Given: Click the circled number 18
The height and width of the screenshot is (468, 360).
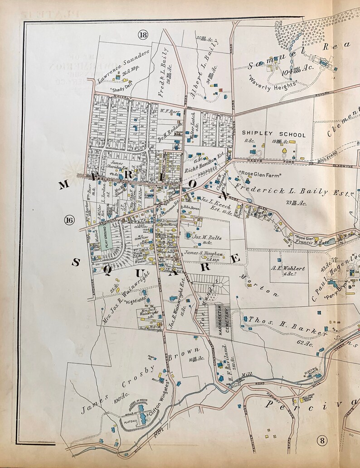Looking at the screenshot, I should [144, 35].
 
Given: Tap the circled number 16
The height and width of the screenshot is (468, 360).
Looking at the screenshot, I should [69, 221].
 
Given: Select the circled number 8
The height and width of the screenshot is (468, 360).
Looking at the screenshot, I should [321, 440].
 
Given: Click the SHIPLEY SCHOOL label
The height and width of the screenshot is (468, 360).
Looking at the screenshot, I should [273, 134].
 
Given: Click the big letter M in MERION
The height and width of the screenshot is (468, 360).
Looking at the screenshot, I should [64, 184].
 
